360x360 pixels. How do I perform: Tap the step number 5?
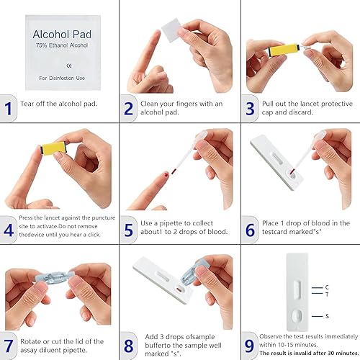tap(128, 230)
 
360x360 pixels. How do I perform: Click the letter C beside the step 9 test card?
tap(326, 287)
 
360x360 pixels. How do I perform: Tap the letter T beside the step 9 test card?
tap(326, 294)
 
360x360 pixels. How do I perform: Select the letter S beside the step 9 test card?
tap(326, 315)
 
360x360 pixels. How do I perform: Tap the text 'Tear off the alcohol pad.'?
tap(58, 104)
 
